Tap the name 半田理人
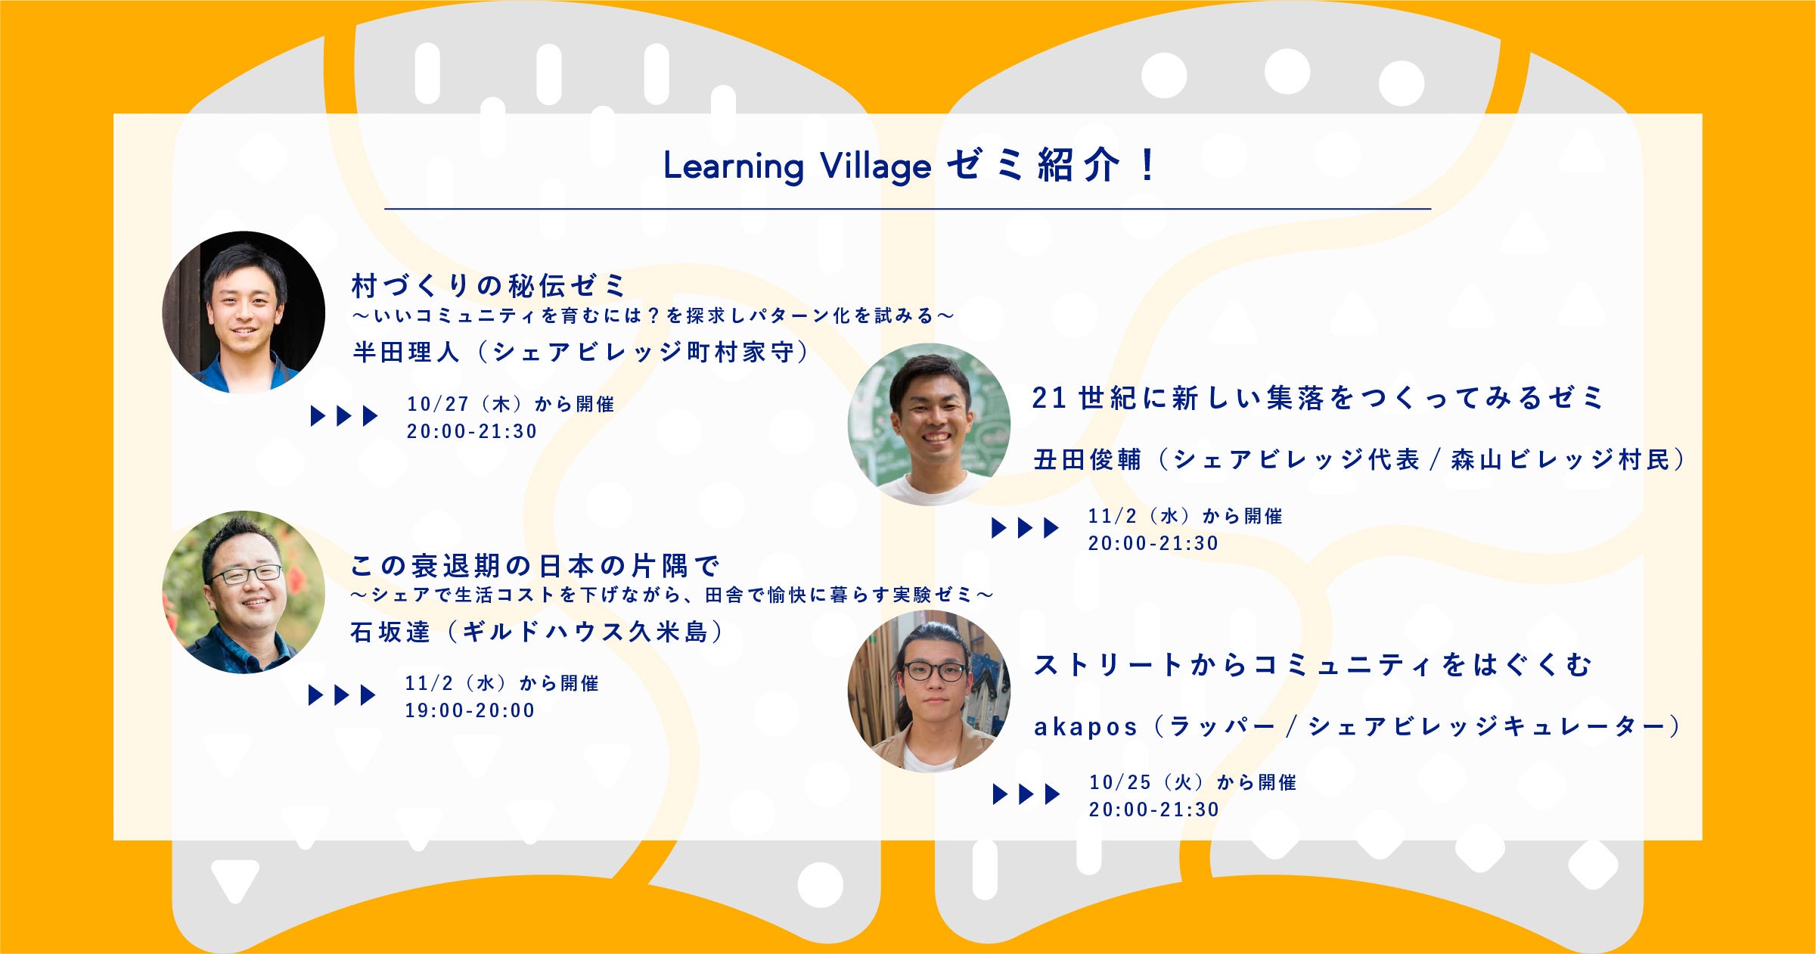click(x=405, y=352)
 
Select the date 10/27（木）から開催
click(x=511, y=404)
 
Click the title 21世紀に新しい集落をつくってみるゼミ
click(x=1318, y=397)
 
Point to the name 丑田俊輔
click(x=1087, y=459)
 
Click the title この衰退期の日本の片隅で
click(x=535, y=565)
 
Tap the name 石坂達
click(x=390, y=632)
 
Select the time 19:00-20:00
click(x=470, y=710)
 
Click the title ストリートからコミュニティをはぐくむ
click(x=1312, y=665)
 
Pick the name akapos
click(x=1085, y=727)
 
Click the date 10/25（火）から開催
click(x=1193, y=782)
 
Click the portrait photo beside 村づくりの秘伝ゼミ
click(x=244, y=312)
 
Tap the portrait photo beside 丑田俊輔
click(x=930, y=424)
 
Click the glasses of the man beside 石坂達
click(x=245, y=574)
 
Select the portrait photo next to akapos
click(x=930, y=691)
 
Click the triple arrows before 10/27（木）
click(x=344, y=415)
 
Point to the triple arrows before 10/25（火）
click(x=1026, y=794)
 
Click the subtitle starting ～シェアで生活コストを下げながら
click(x=672, y=595)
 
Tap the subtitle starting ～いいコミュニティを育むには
click(x=653, y=315)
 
